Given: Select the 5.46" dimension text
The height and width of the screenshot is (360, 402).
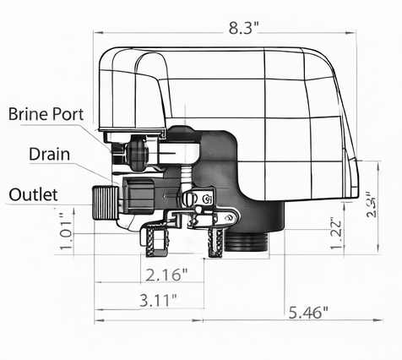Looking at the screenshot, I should point(305,313).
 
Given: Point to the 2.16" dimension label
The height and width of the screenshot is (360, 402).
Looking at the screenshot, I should point(160,275).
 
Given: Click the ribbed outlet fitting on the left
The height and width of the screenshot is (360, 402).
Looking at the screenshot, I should point(104,203).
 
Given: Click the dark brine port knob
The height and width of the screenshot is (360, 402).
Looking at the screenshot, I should point(135,154).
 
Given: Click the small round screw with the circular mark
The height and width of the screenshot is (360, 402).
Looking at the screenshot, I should point(208,199).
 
